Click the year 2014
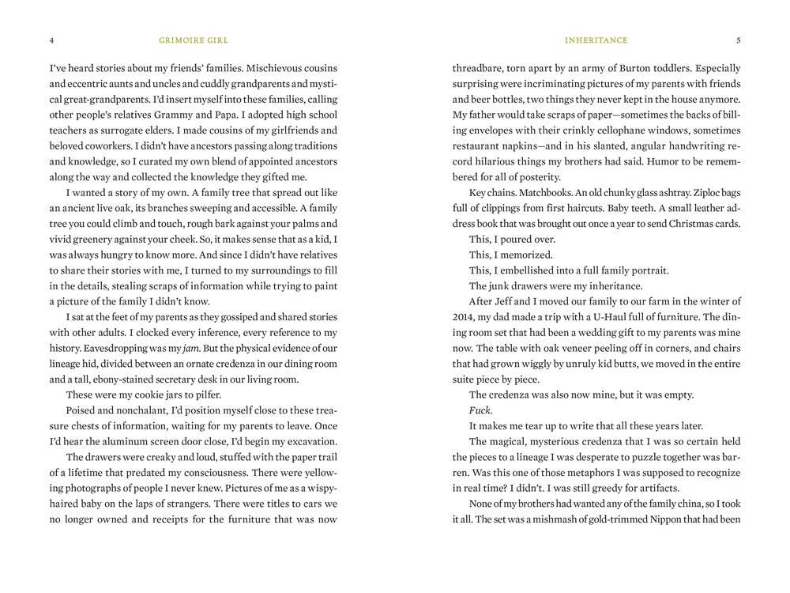tap(463, 316)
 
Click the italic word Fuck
tap(480, 410)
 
